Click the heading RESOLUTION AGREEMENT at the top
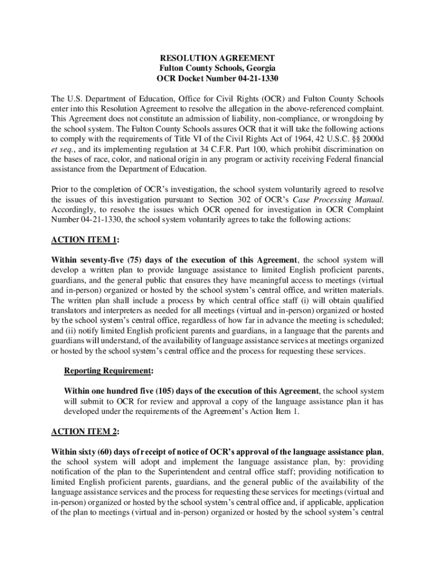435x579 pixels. click(217, 58)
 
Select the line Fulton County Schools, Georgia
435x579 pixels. click(217, 68)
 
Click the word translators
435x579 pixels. click(70, 310)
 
